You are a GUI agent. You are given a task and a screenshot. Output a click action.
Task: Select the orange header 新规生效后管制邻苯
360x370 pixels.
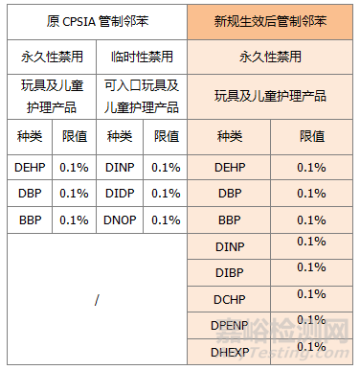point(271,21)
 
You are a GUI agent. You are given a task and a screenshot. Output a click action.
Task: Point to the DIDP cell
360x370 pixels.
point(120,193)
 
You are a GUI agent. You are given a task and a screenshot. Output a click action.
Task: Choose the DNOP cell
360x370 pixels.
point(120,220)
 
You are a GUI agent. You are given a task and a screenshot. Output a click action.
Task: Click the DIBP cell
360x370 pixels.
point(229,272)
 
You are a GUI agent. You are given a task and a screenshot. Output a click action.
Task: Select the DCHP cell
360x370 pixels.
point(229,299)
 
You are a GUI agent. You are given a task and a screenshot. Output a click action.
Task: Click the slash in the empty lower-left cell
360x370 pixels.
point(97,300)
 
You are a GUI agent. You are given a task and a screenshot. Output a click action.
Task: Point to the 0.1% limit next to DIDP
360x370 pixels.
point(166,193)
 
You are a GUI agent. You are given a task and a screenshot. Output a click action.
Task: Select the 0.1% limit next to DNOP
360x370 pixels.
point(166,220)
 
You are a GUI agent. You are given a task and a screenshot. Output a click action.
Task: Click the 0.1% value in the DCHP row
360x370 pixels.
point(311,294)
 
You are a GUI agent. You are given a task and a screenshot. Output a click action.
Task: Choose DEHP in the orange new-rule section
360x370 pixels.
point(229,167)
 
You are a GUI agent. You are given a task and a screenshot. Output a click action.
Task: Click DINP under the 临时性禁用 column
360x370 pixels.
point(120,167)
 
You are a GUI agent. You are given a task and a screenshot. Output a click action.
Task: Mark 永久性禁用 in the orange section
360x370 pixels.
point(271,57)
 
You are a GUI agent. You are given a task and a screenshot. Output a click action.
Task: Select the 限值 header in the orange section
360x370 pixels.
point(311,136)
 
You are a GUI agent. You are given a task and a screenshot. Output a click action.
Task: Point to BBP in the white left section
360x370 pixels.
point(29,220)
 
